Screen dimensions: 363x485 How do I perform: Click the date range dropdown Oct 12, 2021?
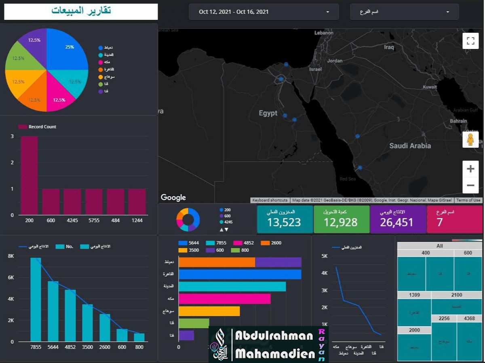(264, 12)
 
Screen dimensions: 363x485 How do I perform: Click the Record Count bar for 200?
(29, 175)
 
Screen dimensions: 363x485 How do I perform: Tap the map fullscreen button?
(470, 40)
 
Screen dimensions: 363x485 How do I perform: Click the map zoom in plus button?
(470, 169)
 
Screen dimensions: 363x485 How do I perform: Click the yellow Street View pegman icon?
(470, 140)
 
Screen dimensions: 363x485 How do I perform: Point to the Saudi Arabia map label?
(410, 146)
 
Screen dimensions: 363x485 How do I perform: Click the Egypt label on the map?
(268, 113)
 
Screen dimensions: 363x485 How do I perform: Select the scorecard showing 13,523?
(285, 219)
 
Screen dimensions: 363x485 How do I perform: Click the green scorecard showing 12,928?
(341, 219)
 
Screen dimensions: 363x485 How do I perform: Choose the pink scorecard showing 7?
(454, 219)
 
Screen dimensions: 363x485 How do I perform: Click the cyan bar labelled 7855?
(36, 299)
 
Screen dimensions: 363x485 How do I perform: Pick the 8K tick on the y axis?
(11, 256)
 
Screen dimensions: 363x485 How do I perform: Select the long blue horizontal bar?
(240, 274)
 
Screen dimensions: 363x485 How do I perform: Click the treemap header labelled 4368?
(469, 318)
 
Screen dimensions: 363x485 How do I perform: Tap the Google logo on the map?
(173, 197)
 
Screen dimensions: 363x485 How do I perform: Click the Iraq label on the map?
(389, 47)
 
